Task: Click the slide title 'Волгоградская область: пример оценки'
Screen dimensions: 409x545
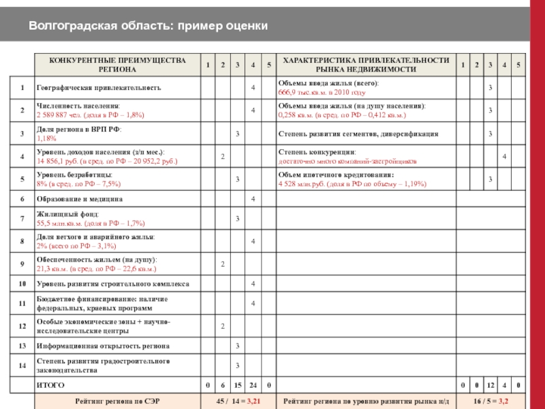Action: point(148,26)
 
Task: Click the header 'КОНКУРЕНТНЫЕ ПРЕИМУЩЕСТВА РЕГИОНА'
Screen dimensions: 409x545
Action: point(117,65)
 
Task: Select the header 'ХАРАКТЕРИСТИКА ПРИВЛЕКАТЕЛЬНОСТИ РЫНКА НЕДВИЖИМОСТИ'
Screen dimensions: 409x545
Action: point(366,65)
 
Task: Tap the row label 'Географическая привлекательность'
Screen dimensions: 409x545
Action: point(99,88)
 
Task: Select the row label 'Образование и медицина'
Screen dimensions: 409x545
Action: point(80,199)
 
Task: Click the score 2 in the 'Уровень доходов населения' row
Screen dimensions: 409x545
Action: point(223,157)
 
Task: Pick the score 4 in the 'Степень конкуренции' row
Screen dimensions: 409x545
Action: point(504,157)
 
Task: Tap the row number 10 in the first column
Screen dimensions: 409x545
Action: point(22,284)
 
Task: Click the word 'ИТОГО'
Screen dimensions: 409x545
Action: point(50,386)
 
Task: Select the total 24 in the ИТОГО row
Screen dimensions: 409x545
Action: point(253,386)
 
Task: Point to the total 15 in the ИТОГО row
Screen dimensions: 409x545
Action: point(238,386)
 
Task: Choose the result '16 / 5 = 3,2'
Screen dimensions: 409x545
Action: point(490,402)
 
